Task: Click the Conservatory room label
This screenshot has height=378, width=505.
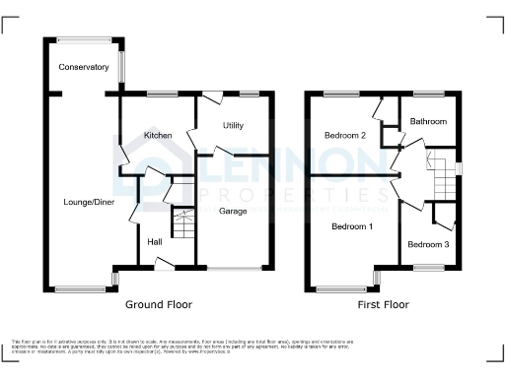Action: coord(84,67)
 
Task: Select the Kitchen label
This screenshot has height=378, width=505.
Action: coord(159,135)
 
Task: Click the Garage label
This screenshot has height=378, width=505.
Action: coord(232,211)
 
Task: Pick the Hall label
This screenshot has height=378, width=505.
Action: coord(155,241)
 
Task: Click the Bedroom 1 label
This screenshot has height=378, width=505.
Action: coord(351,226)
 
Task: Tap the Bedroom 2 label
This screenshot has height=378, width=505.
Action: coord(346,135)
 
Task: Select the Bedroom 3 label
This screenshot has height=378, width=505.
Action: coord(428,244)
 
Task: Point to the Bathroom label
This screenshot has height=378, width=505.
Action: coord(429,121)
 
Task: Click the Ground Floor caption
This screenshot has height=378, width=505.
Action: coord(160,305)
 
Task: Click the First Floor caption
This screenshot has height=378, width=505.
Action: coord(382,305)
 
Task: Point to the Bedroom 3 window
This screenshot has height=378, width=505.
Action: coord(429,267)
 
